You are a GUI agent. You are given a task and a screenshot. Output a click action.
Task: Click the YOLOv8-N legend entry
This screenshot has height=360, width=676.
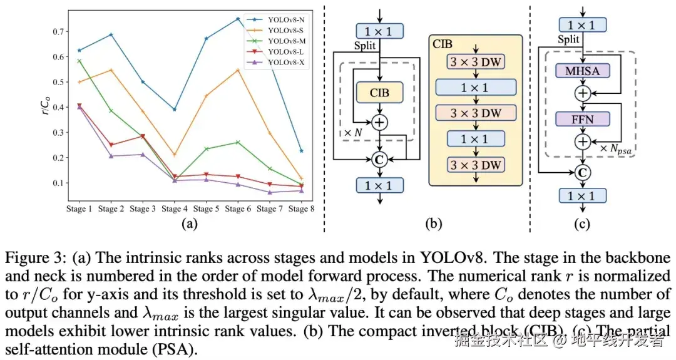[x=285, y=19]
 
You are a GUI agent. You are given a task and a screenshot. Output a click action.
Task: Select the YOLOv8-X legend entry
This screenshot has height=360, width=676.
[x=285, y=62]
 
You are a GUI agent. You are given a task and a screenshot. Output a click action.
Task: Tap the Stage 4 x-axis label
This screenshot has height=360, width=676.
[x=174, y=208]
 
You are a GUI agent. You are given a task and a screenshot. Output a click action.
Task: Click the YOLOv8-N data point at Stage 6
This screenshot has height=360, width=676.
[x=238, y=19]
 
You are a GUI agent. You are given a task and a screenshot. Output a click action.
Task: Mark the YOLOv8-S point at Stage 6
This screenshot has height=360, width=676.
[x=238, y=70]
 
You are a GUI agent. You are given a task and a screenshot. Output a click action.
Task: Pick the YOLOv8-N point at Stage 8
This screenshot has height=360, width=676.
[x=302, y=151]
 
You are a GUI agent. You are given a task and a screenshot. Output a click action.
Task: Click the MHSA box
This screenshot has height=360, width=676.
[x=583, y=71]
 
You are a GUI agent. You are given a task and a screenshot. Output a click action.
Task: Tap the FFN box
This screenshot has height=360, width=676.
[x=583, y=118]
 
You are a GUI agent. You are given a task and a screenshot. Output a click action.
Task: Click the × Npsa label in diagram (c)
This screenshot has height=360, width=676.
[x=616, y=148]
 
